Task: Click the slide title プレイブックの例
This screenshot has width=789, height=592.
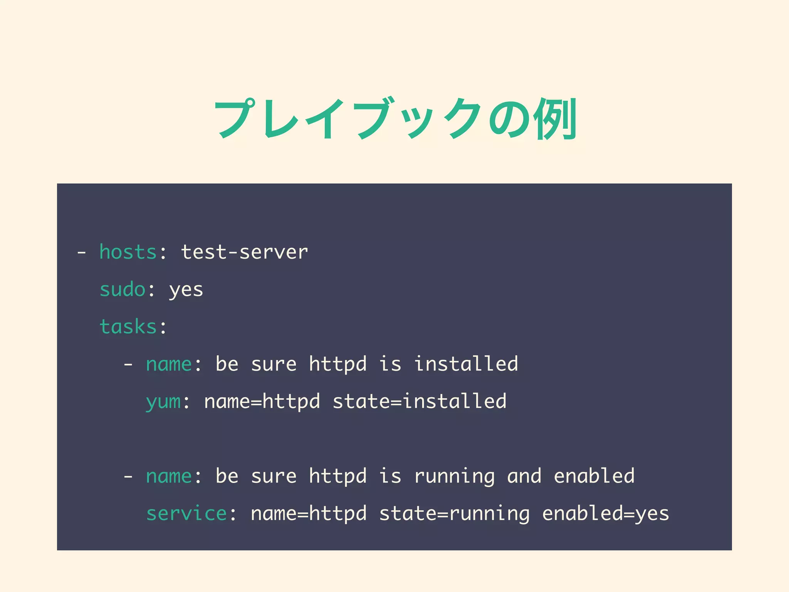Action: point(395,118)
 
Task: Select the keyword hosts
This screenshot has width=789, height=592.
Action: point(128,252)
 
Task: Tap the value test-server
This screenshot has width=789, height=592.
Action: point(244,252)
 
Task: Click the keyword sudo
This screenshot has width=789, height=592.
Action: point(123,289)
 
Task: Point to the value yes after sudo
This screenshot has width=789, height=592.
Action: point(186,290)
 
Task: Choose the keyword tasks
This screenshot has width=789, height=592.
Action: point(128,327)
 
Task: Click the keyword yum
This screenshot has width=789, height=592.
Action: point(163,402)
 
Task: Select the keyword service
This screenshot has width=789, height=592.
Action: point(186,513)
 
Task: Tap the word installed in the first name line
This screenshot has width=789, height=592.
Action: point(466,364)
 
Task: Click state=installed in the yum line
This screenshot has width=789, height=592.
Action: point(419,401)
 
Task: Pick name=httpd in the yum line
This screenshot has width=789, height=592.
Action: point(262,401)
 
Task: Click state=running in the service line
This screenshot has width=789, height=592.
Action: point(454,514)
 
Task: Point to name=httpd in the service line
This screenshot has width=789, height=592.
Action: point(309,513)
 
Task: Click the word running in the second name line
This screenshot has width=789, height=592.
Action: point(454,477)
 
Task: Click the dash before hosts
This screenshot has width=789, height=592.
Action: point(81,253)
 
